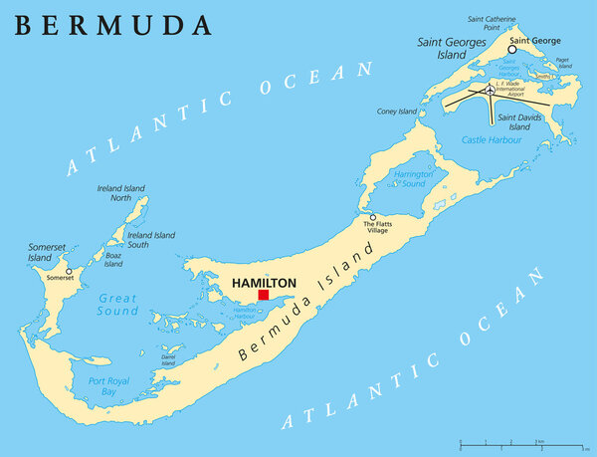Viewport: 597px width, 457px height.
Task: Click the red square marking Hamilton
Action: pyautogui.click(x=264, y=295)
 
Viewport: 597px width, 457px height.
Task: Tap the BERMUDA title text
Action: pyautogui.click(x=113, y=25)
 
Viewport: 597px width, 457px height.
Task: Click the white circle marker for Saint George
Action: pyautogui.click(x=512, y=49)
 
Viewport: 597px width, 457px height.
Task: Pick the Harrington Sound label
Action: pyautogui.click(x=413, y=179)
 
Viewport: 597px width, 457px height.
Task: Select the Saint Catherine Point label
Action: pyautogui.click(x=494, y=23)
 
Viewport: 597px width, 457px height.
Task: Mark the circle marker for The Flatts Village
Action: pyautogui.click(x=373, y=217)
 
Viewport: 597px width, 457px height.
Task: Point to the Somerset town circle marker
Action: pyautogui.click(x=69, y=271)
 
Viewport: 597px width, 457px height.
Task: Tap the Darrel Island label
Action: pyautogui.click(x=168, y=359)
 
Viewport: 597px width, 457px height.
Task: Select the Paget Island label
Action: pyautogui.click(x=563, y=63)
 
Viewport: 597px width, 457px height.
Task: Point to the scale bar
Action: pyautogui.click(x=517, y=440)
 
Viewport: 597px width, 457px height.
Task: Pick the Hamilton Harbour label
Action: pyautogui.click(x=245, y=314)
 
